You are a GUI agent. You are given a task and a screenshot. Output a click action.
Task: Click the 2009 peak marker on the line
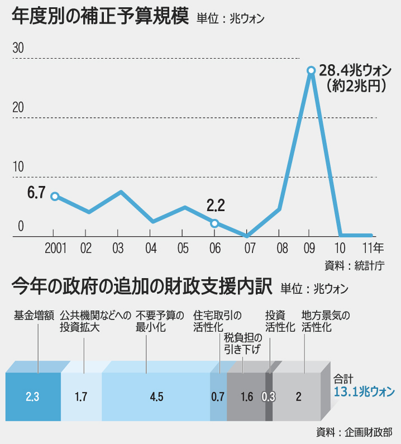(311, 70)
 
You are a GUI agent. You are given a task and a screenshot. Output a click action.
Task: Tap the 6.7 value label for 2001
(36, 193)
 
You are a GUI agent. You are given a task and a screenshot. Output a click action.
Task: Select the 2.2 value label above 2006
(215, 206)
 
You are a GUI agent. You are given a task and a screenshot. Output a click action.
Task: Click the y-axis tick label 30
(18, 48)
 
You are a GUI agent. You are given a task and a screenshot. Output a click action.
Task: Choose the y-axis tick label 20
(18, 107)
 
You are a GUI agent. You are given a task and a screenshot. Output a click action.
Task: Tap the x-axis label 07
(247, 248)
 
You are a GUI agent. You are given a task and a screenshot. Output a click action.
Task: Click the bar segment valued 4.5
(156, 397)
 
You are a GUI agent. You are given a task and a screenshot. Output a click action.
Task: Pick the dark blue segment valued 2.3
(32, 397)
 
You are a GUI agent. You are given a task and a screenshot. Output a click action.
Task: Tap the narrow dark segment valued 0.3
(269, 397)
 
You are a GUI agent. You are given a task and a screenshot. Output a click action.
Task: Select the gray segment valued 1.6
(246, 397)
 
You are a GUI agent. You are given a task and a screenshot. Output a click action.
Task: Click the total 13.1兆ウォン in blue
(364, 391)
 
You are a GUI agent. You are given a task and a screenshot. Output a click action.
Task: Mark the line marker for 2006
(214, 223)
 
